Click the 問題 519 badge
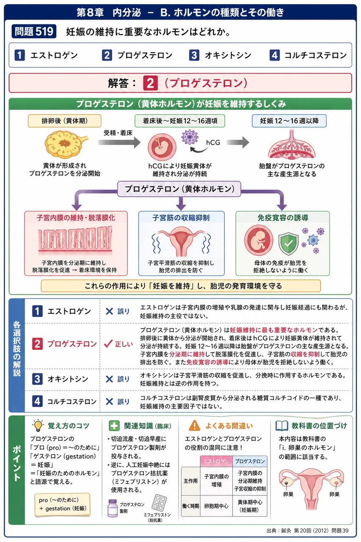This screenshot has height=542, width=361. [34, 31]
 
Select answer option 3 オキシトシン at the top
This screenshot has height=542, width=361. [220, 55]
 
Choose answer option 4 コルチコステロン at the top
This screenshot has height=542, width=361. [308, 55]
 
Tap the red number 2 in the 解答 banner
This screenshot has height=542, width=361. [150, 83]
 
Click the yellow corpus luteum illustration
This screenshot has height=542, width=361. [66, 144]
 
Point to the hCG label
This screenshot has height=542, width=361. [213, 143]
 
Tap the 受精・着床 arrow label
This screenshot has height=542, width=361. [118, 133]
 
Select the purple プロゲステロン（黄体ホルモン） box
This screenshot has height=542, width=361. [179, 189]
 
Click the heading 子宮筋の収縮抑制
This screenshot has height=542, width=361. [181, 218]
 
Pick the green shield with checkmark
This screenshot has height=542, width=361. [288, 243]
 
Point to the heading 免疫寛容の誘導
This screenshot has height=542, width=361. [283, 218]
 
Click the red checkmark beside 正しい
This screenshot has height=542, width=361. [108, 343]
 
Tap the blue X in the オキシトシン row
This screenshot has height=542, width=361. [109, 379]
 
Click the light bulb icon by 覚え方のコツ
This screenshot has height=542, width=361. [38, 426]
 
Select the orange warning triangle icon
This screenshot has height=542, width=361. [194, 426]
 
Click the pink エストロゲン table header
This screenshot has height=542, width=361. [216, 462]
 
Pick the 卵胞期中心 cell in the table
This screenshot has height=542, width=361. [216, 506]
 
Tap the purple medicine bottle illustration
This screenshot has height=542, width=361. [113, 508]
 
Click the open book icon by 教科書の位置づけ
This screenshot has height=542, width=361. [282, 426]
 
